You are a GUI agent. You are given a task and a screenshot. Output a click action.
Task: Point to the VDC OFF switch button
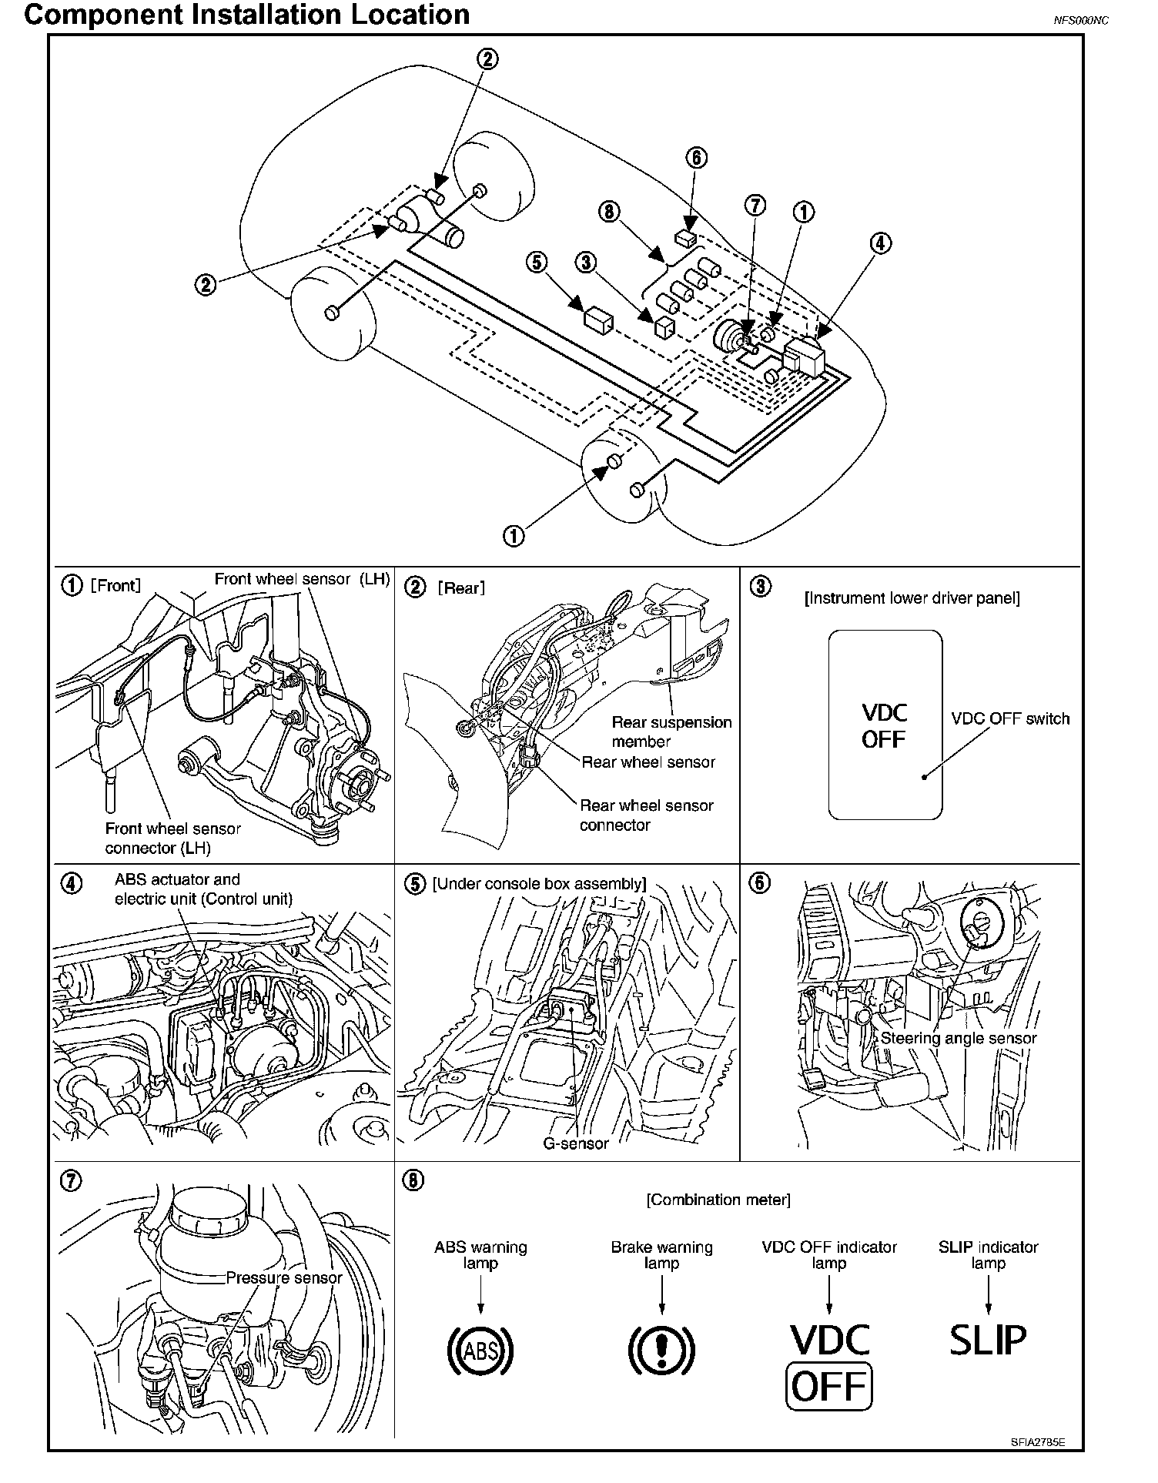(x=885, y=725)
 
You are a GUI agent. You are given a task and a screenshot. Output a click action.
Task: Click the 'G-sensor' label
(x=576, y=1143)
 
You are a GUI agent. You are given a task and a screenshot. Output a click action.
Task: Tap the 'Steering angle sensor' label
(x=959, y=1038)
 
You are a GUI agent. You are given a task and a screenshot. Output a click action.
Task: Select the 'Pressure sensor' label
(x=284, y=1277)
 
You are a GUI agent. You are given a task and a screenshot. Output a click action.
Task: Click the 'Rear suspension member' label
(x=671, y=731)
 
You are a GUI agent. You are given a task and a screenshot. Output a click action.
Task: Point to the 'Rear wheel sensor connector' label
(x=646, y=815)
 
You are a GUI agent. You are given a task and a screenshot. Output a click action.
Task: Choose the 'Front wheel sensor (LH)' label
(x=302, y=579)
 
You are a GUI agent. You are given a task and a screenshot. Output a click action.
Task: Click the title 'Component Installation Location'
(x=247, y=15)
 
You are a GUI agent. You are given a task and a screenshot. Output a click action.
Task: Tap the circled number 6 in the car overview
(x=695, y=158)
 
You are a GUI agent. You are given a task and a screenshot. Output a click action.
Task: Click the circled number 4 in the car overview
(x=880, y=243)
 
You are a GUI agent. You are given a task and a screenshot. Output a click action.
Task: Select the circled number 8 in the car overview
(x=610, y=211)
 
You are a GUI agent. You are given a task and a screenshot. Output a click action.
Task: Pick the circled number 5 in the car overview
(x=536, y=263)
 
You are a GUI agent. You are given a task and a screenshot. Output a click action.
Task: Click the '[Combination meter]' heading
(x=718, y=1199)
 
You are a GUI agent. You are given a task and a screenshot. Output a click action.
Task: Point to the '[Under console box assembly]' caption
(x=539, y=883)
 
